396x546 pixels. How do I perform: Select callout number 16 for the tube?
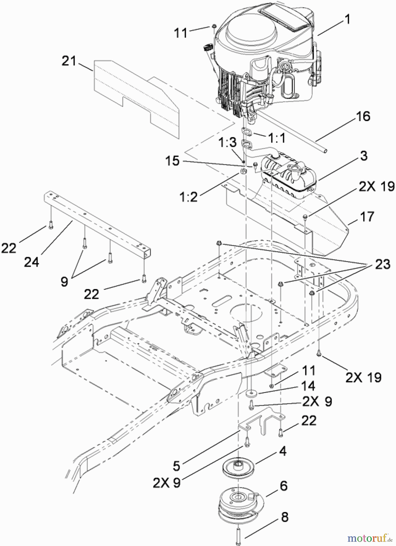point(364,116)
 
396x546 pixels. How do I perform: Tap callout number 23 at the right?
point(382,265)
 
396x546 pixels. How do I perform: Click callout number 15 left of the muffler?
point(172,161)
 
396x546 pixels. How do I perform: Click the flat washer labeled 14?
point(252,393)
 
